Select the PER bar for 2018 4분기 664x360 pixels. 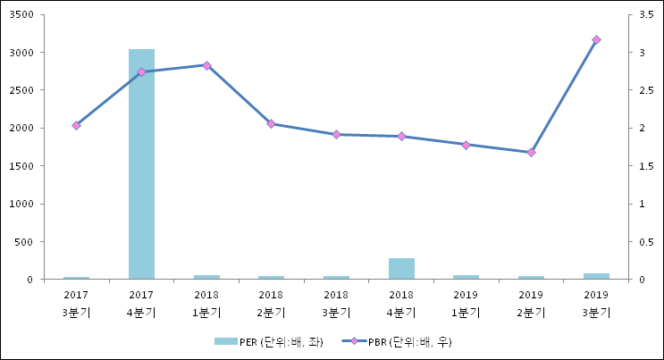pos(401,268)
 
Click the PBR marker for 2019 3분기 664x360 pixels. pos(596,40)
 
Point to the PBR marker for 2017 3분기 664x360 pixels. pos(76,126)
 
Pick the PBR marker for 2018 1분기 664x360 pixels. pos(206,65)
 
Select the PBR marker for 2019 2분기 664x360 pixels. pos(531,153)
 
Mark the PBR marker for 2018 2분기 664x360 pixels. pos(272,124)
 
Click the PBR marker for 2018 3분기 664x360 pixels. pos(336,135)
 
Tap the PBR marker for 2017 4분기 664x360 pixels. pos(141,71)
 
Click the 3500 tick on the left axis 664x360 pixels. pos(22,15)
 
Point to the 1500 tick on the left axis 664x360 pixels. pos(22,166)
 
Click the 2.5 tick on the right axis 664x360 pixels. pos(643,90)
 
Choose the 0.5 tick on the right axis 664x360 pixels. pos(643,242)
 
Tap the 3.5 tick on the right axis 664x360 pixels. pos(643,15)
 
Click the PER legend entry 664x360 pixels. pos(267,341)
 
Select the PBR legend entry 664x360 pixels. pos(402,341)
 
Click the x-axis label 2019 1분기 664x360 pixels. pos(466,303)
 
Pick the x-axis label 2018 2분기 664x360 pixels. pos(272,303)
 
